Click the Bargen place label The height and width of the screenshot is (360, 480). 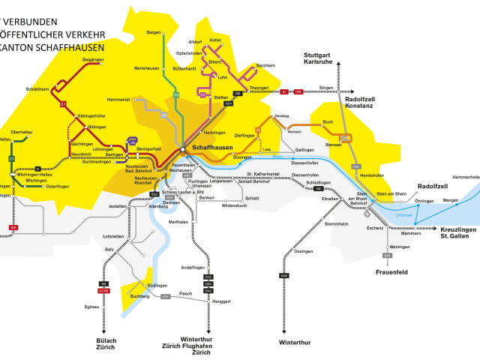154,33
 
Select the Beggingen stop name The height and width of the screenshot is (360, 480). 93,59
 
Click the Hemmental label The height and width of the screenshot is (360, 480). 118,100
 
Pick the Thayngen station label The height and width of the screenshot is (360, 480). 259,88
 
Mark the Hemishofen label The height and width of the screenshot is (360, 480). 372,175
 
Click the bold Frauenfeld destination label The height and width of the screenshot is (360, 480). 392,272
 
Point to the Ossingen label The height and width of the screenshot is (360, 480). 304,251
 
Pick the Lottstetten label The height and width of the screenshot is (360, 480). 112,236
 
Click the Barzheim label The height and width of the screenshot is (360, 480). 265,66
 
